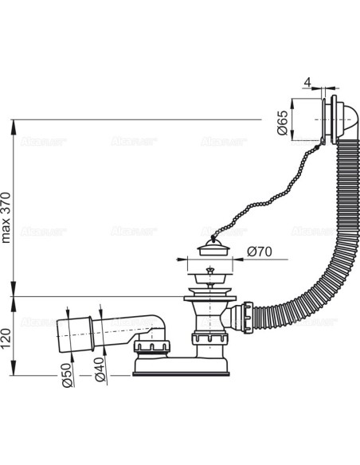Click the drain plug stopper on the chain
213,248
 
